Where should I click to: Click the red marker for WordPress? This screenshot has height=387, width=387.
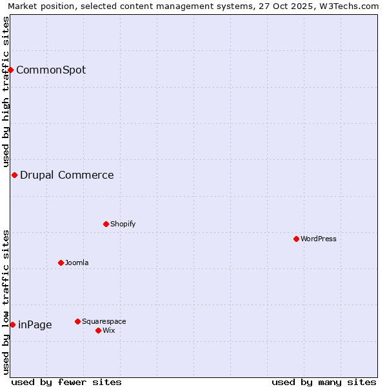click(x=296, y=239)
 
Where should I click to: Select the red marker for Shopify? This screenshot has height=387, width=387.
click(x=106, y=224)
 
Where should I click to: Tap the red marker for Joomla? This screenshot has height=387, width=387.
click(x=61, y=263)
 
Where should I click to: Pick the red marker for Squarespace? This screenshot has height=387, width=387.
click(x=77, y=321)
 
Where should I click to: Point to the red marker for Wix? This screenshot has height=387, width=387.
click(x=98, y=330)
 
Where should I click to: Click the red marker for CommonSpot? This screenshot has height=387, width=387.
click(x=11, y=70)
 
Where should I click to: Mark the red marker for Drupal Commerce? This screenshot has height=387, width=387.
click(x=14, y=175)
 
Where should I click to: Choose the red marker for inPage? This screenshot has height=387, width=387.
click(x=12, y=324)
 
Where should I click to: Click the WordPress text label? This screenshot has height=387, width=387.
click(x=319, y=239)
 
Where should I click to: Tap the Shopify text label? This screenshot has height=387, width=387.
click(x=123, y=224)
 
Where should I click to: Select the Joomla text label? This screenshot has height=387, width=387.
click(x=77, y=263)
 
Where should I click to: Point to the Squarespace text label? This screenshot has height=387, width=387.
click(x=104, y=321)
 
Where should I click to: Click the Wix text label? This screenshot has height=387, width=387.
click(x=109, y=330)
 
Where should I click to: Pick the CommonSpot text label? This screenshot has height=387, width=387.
click(x=51, y=70)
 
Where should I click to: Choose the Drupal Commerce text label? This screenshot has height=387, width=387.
click(x=67, y=175)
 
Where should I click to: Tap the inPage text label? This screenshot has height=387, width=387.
click(x=35, y=324)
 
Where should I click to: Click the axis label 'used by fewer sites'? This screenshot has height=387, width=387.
click(x=66, y=382)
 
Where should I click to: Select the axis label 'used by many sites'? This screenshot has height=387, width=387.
click(x=324, y=382)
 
